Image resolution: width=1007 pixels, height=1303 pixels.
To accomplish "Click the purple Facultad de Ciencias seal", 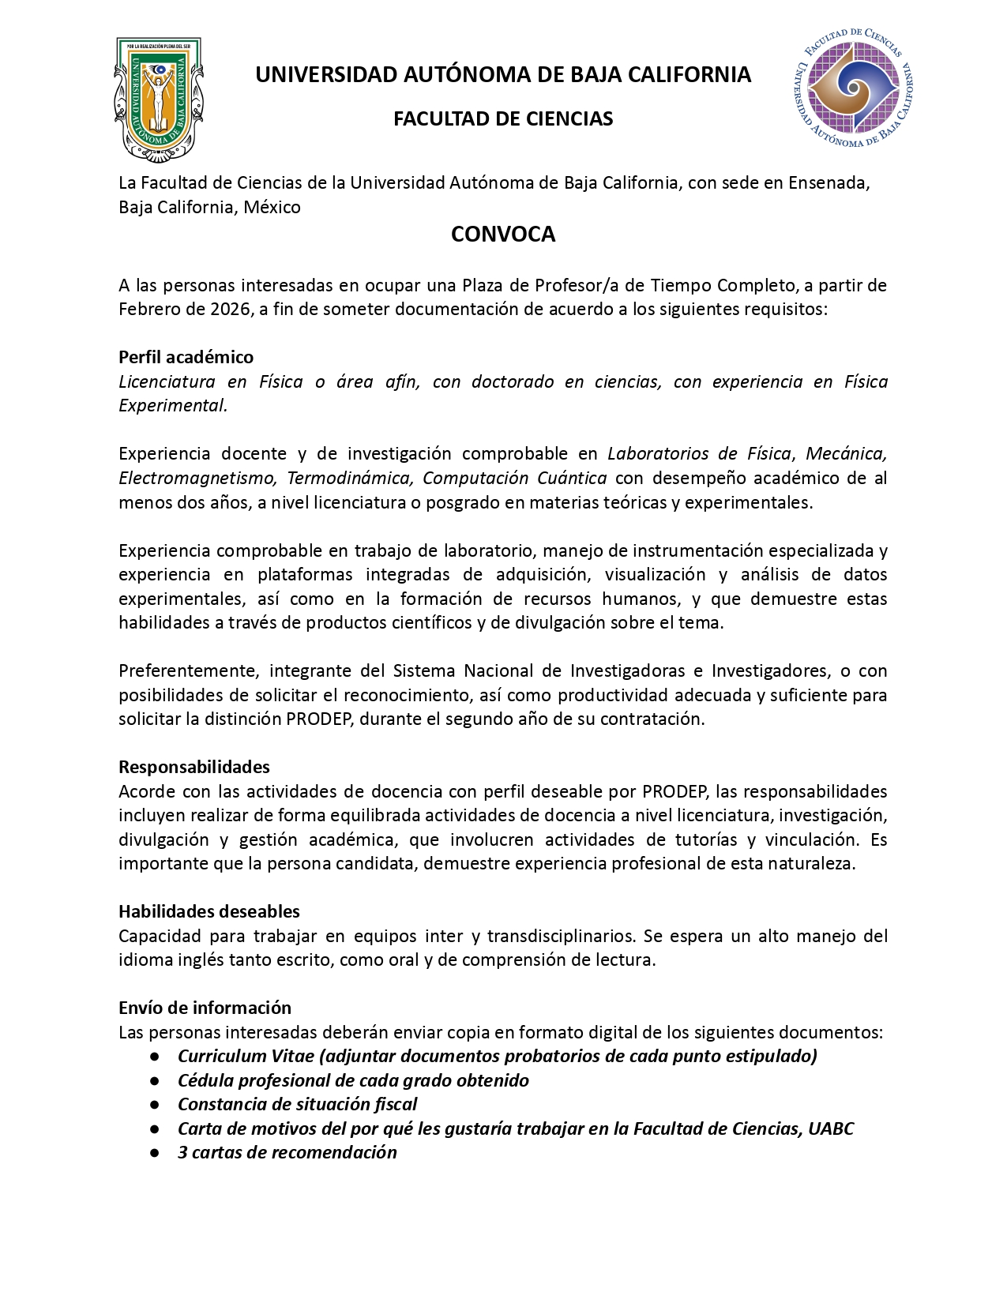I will click(851, 88).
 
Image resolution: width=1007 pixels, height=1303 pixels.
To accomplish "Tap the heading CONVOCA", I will click(503, 235).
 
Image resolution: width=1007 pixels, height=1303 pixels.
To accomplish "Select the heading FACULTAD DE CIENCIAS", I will click(503, 119).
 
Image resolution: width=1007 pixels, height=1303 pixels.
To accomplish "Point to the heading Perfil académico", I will click(186, 357).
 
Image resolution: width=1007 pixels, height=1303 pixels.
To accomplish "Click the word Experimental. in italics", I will click(173, 406).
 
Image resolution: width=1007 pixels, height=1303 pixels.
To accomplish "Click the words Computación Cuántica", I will click(514, 479).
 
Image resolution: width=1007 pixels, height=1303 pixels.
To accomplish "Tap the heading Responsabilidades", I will click(194, 767).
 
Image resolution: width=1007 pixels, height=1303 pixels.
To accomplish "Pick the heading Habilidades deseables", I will click(209, 911).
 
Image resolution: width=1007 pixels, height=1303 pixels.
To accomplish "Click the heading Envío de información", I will click(205, 1008).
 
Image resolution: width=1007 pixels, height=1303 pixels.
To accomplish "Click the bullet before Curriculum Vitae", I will click(155, 1057).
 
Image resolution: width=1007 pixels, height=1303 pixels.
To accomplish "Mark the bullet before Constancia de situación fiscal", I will click(155, 1105).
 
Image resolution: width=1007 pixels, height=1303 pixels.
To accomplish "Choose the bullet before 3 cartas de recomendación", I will click(155, 1153).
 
